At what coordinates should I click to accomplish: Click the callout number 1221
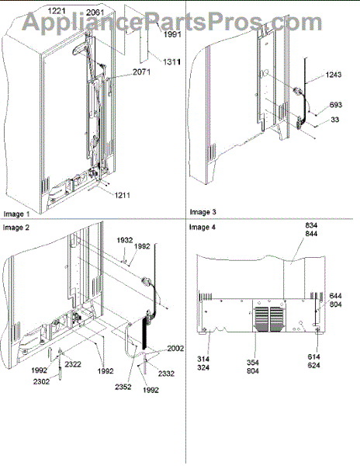(x=57, y=11)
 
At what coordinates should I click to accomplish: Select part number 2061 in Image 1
(x=95, y=12)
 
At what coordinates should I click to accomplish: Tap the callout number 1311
(x=171, y=62)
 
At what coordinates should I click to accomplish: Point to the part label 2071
(x=141, y=71)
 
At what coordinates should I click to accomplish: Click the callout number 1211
(x=123, y=195)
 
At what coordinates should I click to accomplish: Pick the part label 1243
(x=334, y=75)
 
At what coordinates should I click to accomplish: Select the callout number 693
(x=336, y=105)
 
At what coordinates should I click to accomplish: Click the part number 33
(x=334, y=120)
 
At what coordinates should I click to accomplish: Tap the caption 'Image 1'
(x=16, y=214)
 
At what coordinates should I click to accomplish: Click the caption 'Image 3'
(x=203, y=212)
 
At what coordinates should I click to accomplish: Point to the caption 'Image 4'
(x=202, y=228)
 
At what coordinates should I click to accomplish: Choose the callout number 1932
(x=125, y=240)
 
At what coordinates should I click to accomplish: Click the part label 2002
(x=175, y=348)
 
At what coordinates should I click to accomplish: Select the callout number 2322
(x=73, y=364)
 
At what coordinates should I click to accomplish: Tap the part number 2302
(x=41, y=381)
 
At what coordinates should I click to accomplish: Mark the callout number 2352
(x=123, y=387)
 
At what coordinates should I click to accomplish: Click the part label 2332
(x=166, y=374)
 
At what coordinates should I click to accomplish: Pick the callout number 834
(x=311, y=225)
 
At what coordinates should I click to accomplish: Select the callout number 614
(x=313, y=356)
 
